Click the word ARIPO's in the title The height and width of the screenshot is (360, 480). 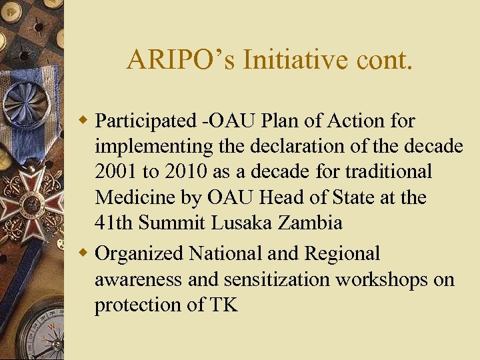[x=181, y=60]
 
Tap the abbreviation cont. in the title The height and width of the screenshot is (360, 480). [x=381, y=60]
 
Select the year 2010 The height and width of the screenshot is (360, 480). [x=185, y=171]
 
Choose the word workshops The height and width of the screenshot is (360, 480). [x=382, y=279]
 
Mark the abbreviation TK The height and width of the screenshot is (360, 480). [x=225, y=305]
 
